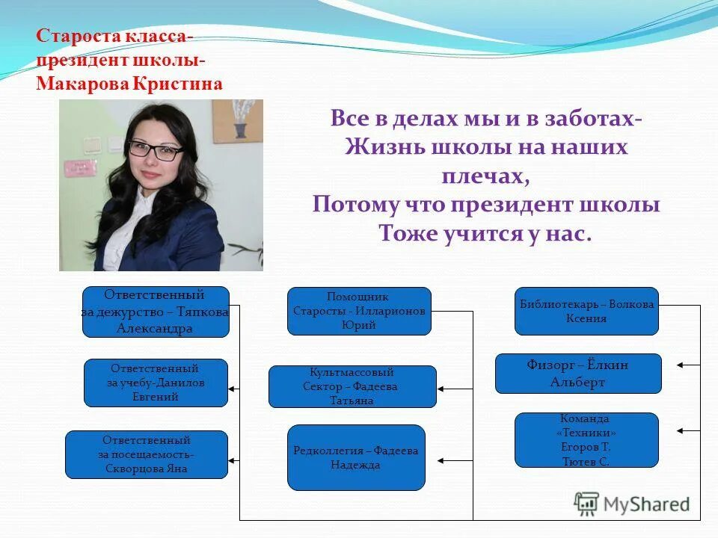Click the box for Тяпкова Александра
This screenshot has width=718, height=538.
click(156, 312)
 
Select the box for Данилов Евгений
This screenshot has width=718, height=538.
click(156, 383)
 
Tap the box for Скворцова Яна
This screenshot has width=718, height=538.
click(146, 454)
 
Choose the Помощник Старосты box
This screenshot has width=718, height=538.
click(359, 311)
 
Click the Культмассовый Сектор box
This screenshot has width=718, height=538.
click(352, 386)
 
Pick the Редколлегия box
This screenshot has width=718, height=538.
click(356, 457)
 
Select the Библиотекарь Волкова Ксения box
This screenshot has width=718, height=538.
click(586, 311)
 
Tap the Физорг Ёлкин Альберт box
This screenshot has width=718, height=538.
click(578, 373)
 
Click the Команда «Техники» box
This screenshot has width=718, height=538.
click(586, 440)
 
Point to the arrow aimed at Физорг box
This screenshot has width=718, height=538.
click(687, 365)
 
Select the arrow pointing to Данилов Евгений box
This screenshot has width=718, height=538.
click(235, 389)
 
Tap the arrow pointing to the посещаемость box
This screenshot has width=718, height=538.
click(235, 460)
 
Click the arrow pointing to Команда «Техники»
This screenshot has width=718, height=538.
click(687, 430)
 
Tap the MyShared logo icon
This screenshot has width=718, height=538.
click(586, 503)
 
